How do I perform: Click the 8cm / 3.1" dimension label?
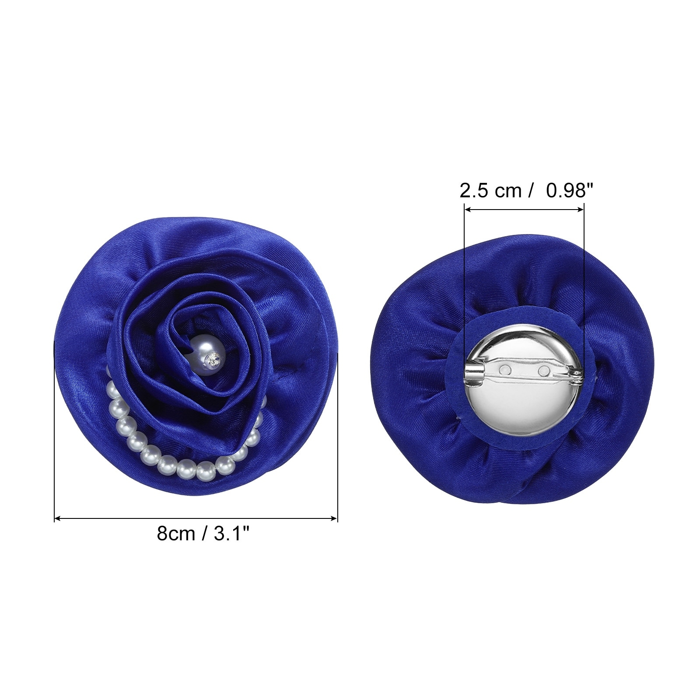pyautogui.click(x=203, y=533)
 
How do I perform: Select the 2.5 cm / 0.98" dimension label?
pyautogui.click(x=527, y=190)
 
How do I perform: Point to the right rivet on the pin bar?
pyautogui.click(x=544, y=371)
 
